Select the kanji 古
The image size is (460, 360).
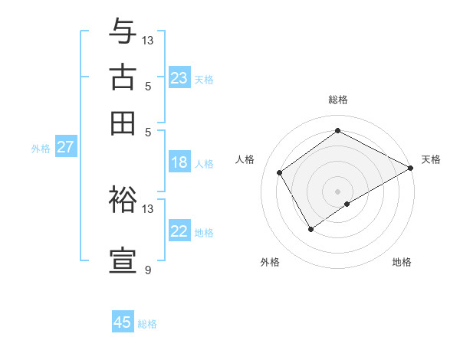tap(123, 77)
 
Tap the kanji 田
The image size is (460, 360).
tap(123, 123)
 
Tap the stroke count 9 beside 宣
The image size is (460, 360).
tap(148, 270)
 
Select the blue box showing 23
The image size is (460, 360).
tap(179, 78)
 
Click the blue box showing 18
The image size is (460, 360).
tap(179, 162)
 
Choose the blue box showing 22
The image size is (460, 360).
tap(179, 231)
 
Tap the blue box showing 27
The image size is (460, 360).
tap(65, 147)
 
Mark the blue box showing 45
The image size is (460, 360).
tap(123, 322)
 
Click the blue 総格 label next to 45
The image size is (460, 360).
tap(148, 324)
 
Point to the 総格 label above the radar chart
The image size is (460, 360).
tap(338, 100)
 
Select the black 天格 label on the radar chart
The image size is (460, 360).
tap(432, 159)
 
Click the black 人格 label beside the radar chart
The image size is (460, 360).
tap(245, 159)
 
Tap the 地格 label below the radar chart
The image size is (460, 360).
tap(402, 262)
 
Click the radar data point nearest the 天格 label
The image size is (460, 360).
tap(410, 169)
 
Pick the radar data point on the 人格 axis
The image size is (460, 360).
tap(280, 172)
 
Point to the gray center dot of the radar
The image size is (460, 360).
tap(338, 191)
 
